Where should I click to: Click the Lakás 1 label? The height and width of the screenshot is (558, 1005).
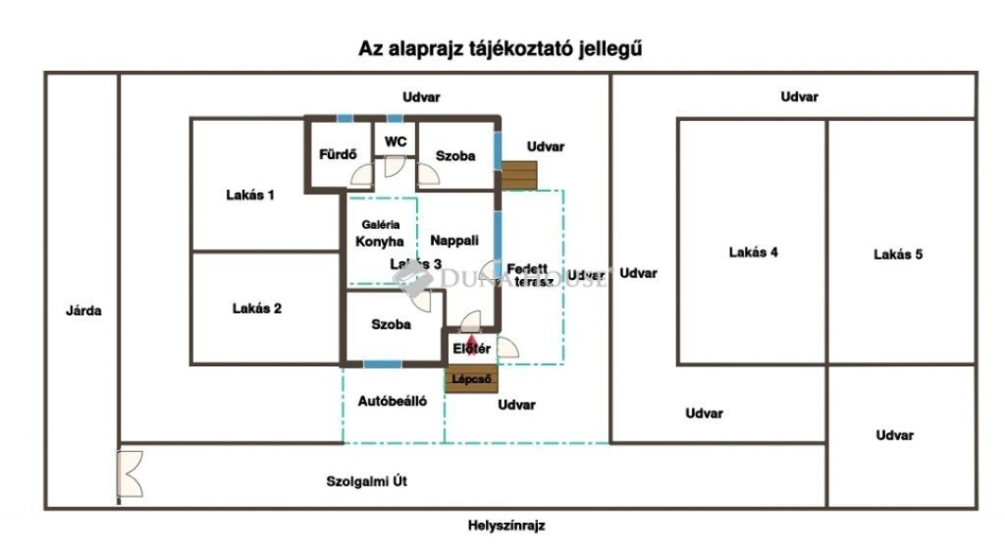point(250,195)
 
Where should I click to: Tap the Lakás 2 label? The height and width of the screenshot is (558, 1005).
point(257,308)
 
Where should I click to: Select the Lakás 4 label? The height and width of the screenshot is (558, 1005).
point(754,252)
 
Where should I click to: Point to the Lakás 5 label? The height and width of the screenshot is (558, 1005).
point(898,254)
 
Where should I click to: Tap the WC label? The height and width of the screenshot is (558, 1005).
point(396,141)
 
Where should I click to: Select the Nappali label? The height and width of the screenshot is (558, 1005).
point(454,240)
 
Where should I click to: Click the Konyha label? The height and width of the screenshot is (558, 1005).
point(380,241)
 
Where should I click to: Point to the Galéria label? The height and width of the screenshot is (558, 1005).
point(381,224)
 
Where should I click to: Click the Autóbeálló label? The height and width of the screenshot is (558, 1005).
point(393,401)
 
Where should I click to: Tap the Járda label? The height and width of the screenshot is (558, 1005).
point(84,310)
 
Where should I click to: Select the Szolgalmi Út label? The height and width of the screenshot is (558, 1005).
point(366,481)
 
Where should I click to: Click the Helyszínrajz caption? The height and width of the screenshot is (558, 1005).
point(506,526)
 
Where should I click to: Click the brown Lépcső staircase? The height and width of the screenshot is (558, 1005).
point(471,379)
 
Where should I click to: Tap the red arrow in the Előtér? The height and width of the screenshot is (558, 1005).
point(469,341)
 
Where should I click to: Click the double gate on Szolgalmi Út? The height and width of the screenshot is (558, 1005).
point(129,474)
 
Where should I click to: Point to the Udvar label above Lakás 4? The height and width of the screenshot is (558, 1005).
point(799,96)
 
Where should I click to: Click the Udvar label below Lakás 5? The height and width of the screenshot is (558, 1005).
point(895,435)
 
